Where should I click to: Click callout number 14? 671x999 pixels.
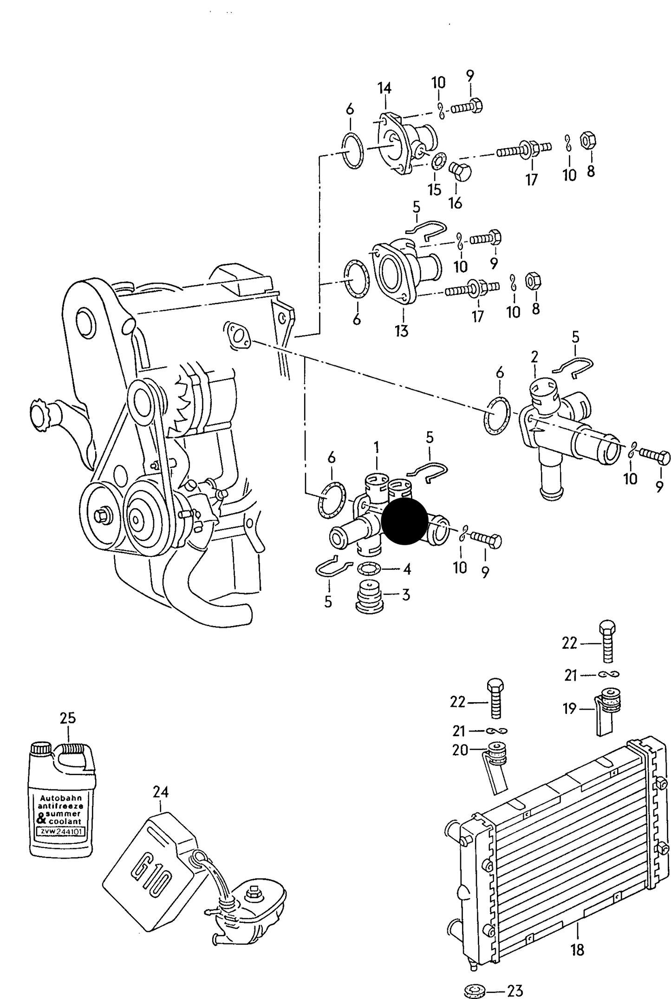point(384,88)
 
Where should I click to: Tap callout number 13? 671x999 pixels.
point(402,331)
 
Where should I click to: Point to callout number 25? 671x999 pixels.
point(68,718)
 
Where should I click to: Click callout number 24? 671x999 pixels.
point(161,791)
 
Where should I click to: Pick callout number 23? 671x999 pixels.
point(515,991)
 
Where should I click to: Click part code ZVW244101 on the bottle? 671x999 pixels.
point(60,832)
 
